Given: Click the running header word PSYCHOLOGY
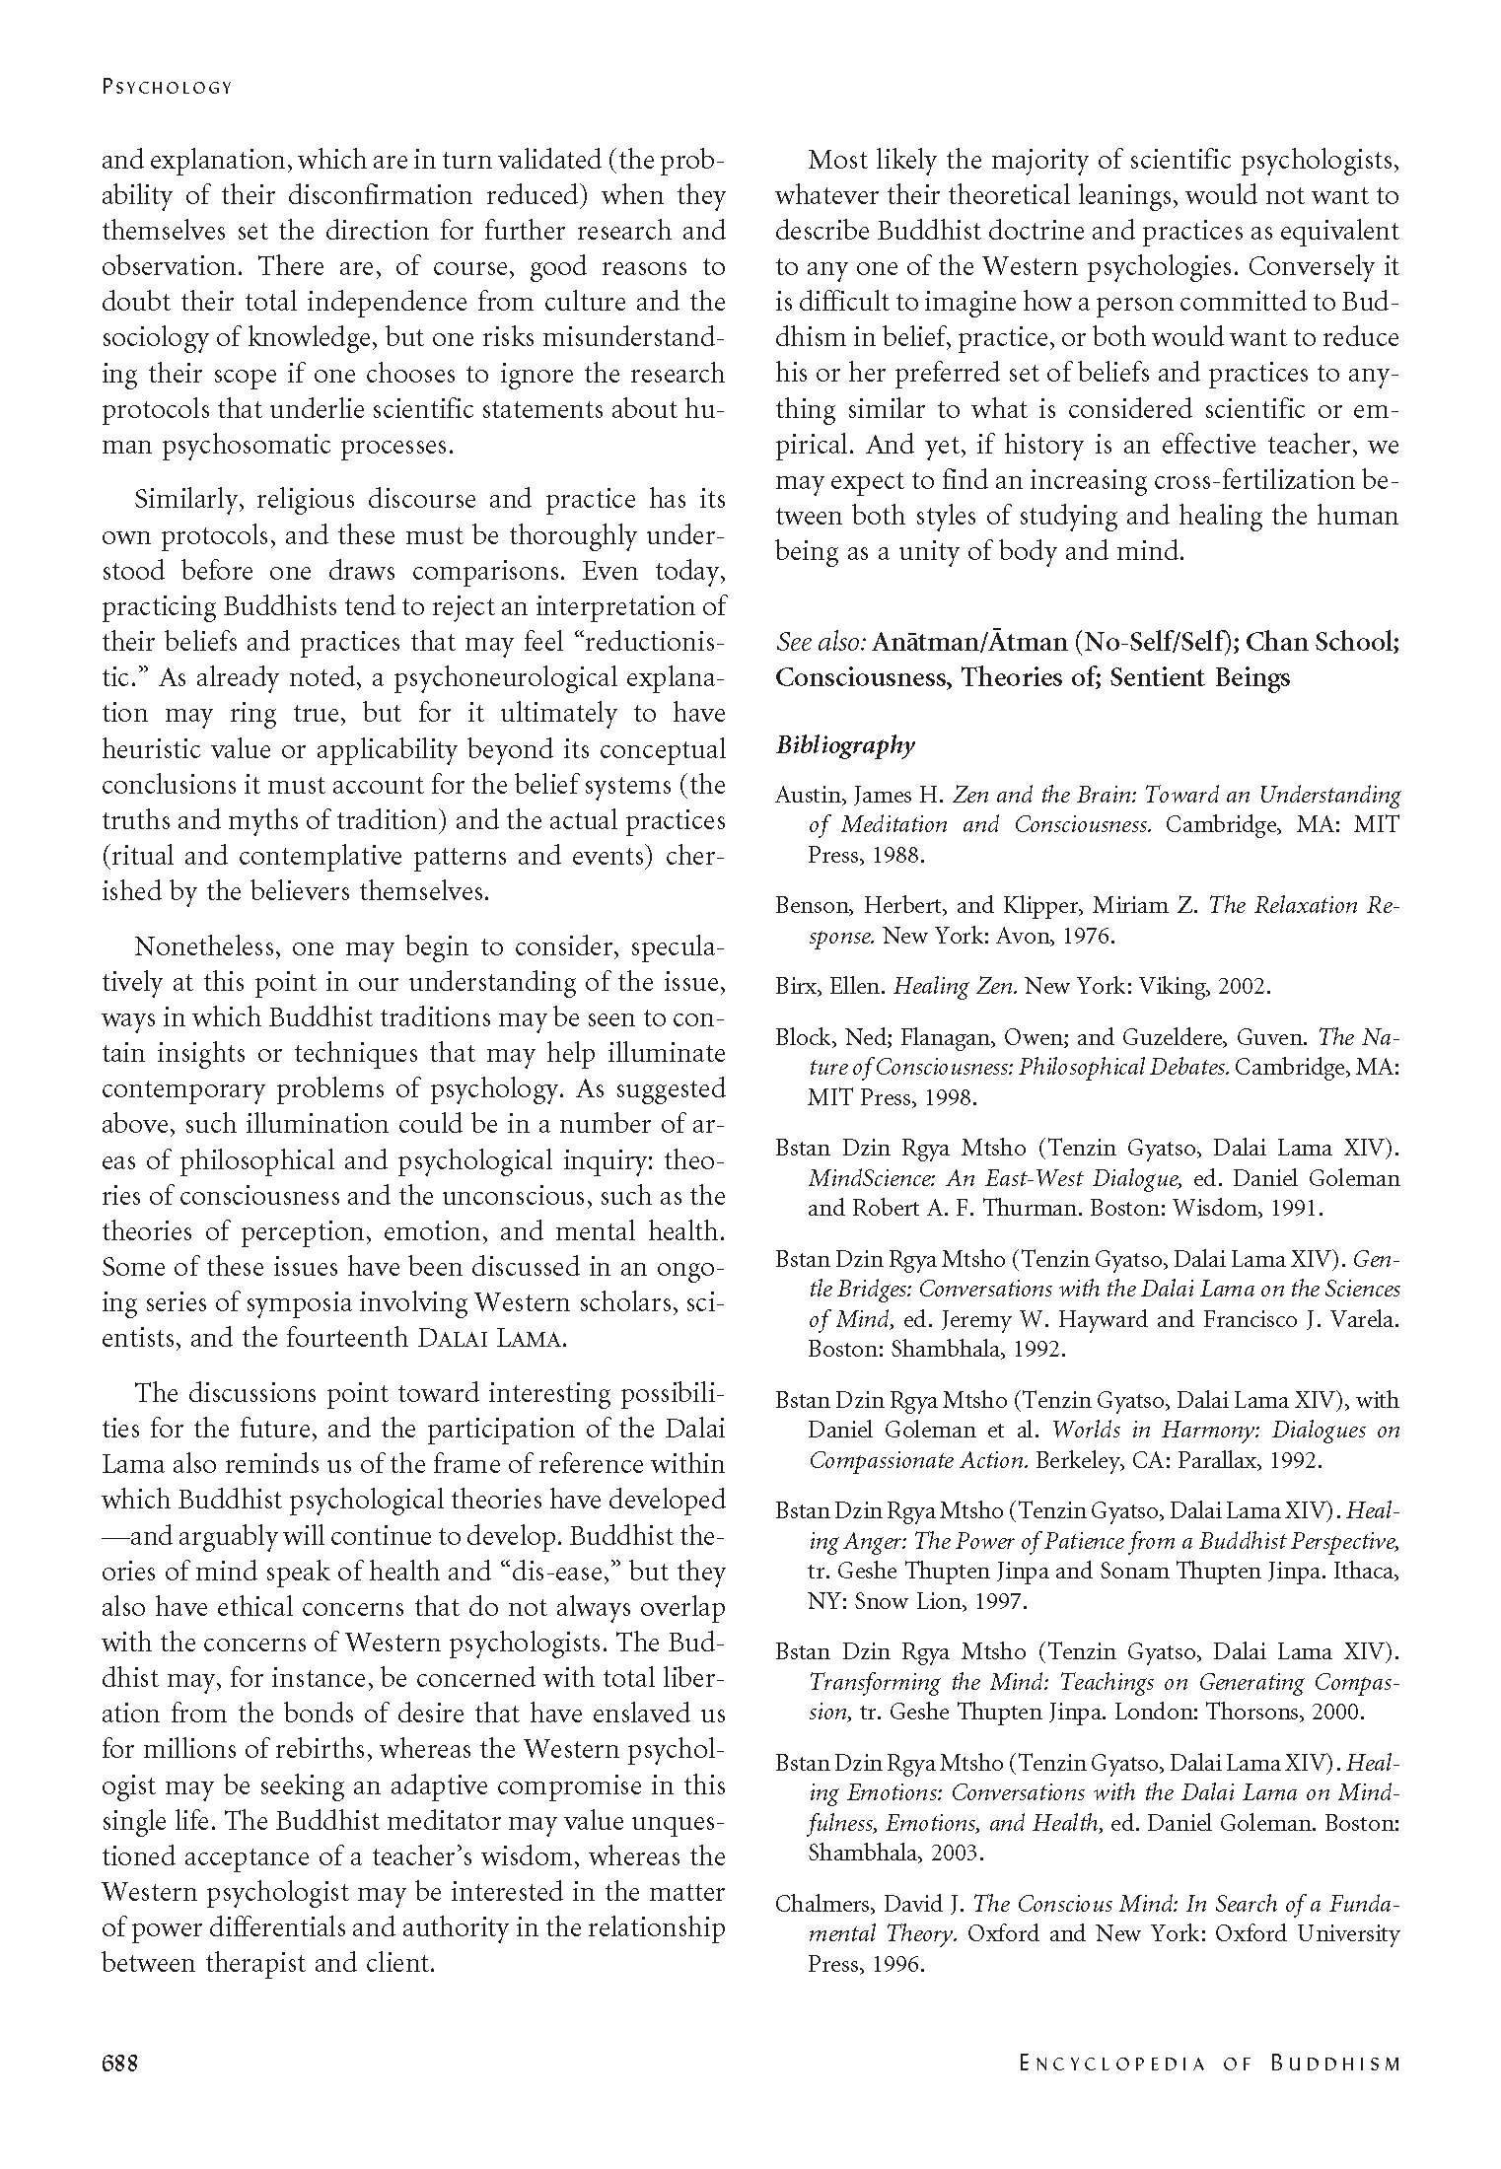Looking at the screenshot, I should [167, 87].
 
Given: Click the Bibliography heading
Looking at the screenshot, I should [845, 745].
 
